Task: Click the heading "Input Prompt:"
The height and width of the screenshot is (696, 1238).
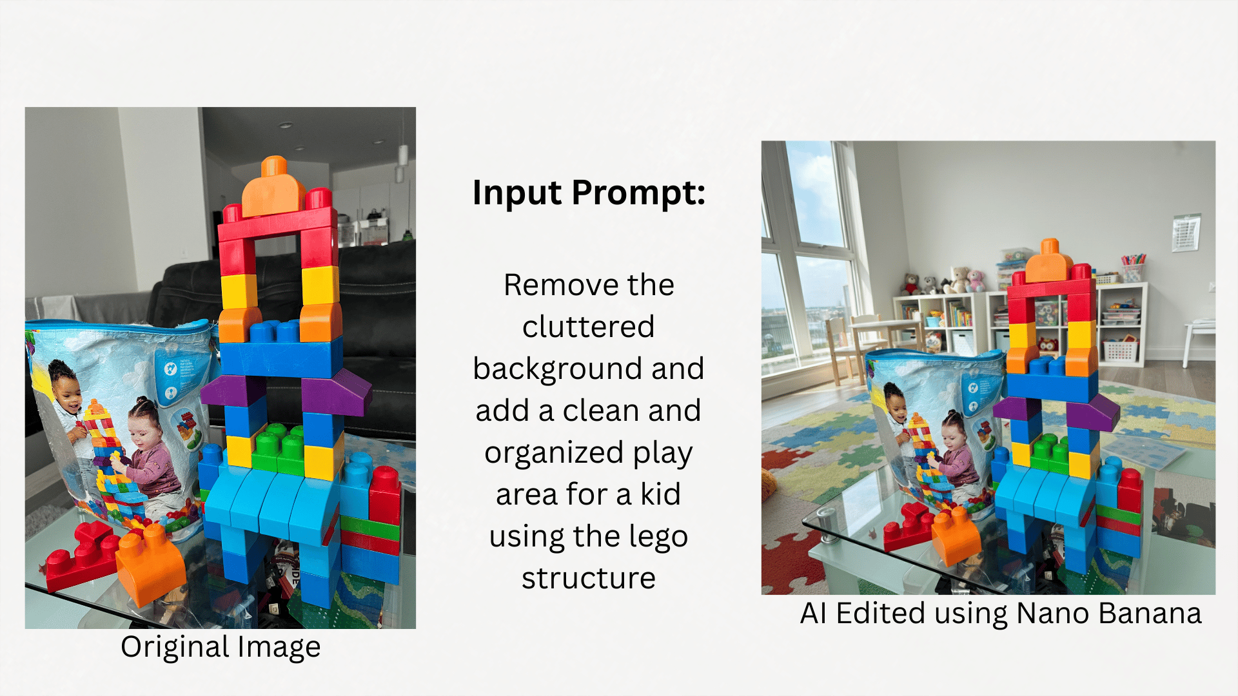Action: tap(589, 193)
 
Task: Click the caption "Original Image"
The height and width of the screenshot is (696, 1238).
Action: tap(221, 647)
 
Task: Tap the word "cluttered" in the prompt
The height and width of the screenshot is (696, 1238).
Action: tap(588, 326)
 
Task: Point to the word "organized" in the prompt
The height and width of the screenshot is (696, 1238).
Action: tap(555, 453)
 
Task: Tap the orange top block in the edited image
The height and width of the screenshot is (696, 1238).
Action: tap(1050, 261)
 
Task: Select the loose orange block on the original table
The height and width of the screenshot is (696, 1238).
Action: tap(150, 564)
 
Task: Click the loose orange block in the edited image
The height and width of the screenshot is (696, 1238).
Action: tap(956, 536)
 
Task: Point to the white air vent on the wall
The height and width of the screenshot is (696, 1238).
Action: tap(1186, 233)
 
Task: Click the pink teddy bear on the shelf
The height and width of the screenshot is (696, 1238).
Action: tap(975, 281)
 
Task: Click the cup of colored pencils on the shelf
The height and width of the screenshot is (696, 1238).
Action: tap(1133, 267)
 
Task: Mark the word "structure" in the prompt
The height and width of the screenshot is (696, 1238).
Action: tap(589, 578)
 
